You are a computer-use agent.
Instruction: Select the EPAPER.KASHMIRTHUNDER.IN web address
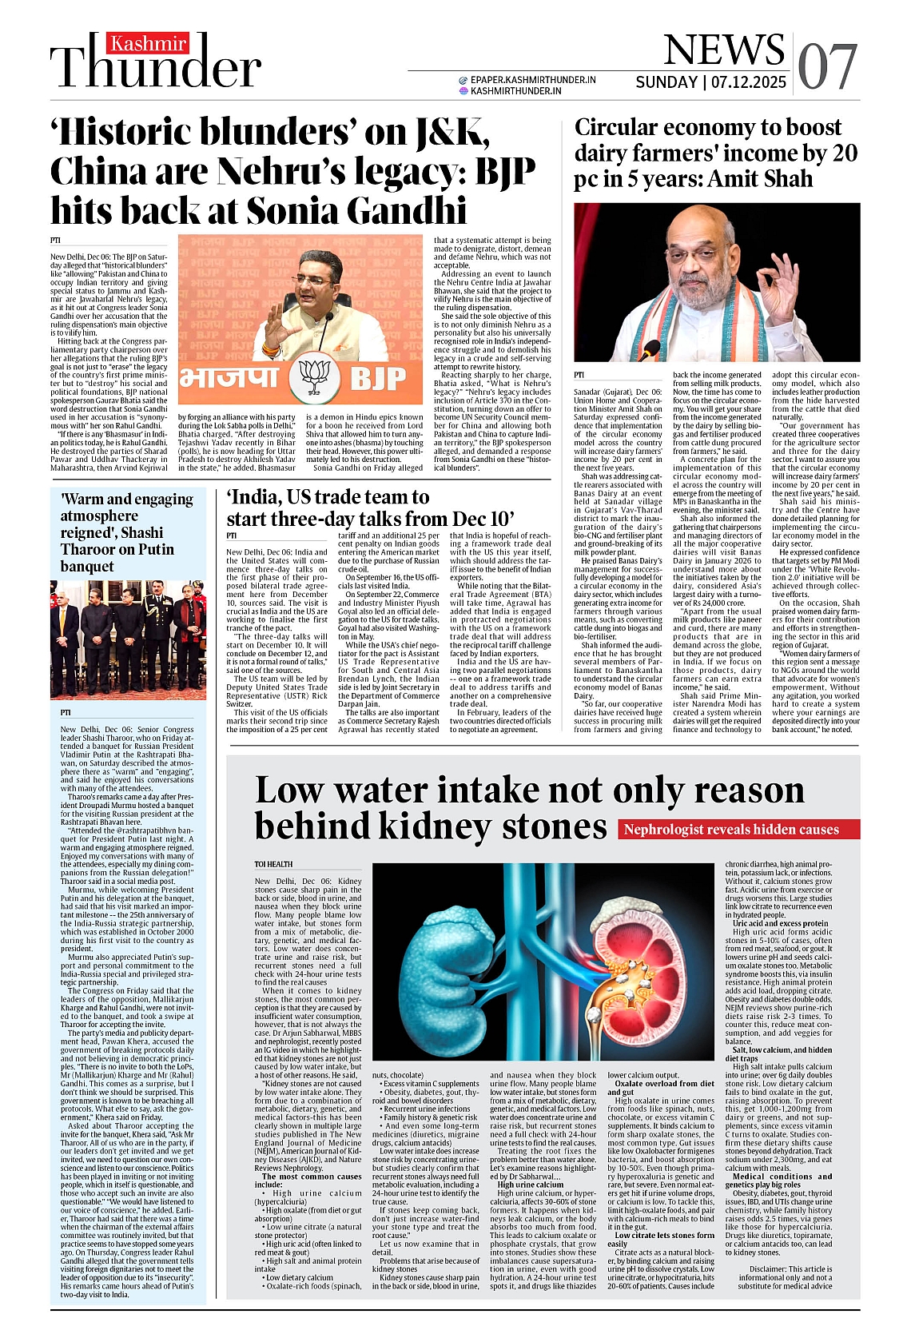coord(533,80)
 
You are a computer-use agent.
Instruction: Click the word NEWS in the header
coord(723,50)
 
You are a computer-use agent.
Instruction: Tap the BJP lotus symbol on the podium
coord(315,375)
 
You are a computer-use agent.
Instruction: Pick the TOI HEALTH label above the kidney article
coord(273,864)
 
